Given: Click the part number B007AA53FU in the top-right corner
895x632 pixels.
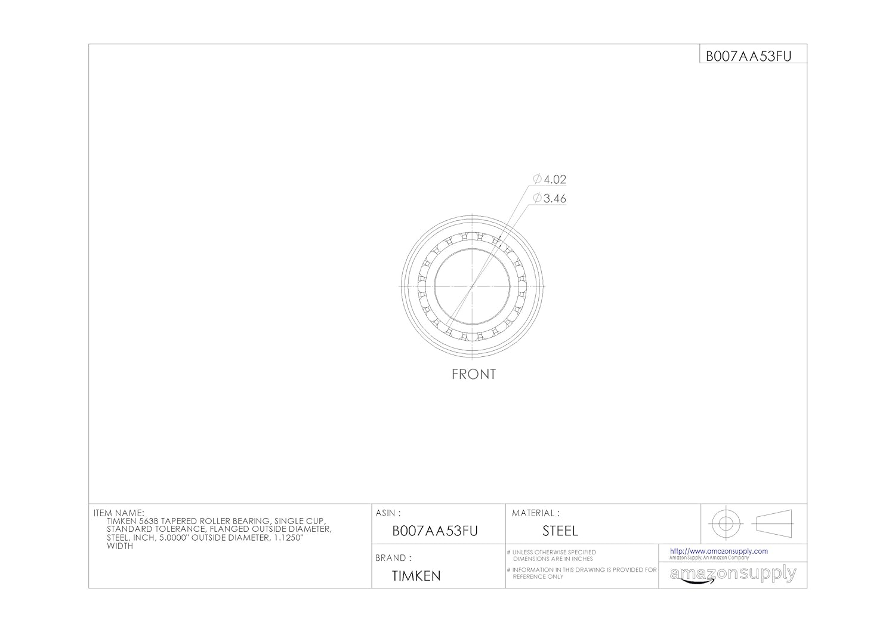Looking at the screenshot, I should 748,56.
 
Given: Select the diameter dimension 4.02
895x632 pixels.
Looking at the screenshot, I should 554,179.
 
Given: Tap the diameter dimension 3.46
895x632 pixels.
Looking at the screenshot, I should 554,199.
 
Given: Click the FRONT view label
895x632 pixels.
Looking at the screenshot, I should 473,374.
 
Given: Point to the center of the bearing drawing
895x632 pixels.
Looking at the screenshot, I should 472,286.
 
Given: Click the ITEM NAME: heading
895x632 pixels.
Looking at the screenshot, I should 119,513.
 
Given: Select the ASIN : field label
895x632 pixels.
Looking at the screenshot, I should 388,513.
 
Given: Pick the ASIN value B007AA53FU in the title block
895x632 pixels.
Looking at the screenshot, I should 435,531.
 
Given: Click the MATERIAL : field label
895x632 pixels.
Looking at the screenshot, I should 535,513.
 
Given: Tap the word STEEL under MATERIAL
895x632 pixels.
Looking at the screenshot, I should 560,531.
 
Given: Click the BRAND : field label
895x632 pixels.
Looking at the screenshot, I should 393,558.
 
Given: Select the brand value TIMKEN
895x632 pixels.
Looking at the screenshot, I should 416,576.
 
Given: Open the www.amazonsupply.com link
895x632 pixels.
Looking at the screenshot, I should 718,551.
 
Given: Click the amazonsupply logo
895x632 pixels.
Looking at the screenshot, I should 733,575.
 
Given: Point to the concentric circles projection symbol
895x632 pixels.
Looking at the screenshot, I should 726,524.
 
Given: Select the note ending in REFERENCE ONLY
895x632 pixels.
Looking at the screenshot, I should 538,576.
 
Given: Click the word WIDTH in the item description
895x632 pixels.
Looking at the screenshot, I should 120,546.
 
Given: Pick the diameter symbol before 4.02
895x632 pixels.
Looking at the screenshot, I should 537,179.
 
